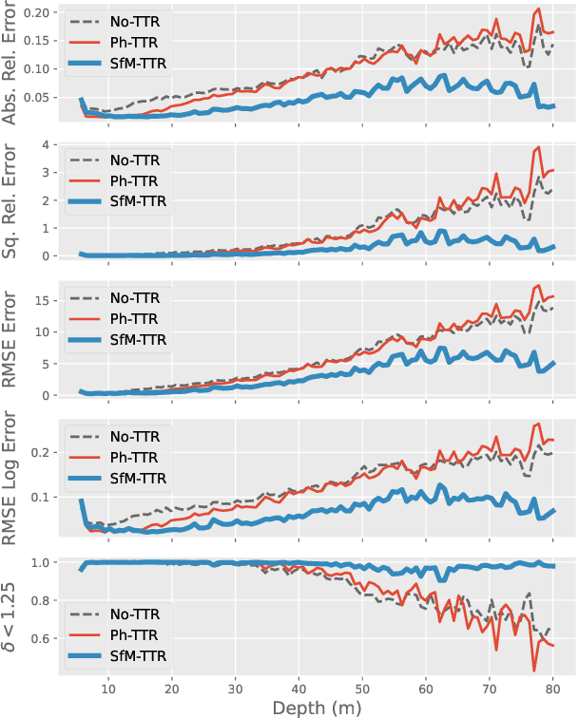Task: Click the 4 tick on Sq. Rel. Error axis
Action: click(49, 145)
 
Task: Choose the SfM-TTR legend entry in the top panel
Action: click(134, 65)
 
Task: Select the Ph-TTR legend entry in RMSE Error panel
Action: click(134, 317)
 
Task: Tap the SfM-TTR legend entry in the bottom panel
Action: click(134, 655)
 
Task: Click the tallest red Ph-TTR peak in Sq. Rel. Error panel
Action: click(539, 147)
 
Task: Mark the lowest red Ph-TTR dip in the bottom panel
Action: click(534, 671)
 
